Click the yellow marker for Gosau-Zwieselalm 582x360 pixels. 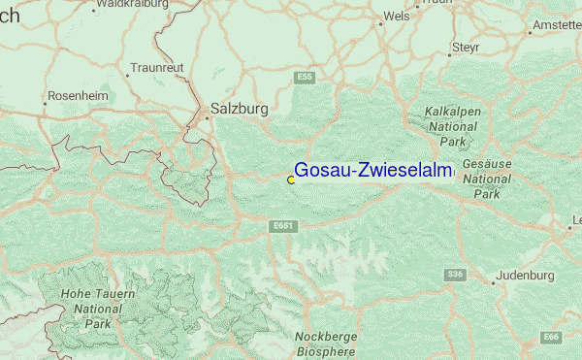click(291, 180)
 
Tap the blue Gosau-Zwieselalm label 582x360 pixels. click(373, 171)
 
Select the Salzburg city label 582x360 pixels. click(239, 110)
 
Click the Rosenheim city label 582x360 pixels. click(74, 98)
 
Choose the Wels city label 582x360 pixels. click(397, 16)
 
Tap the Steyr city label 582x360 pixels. click(465, 48)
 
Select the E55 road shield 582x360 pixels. click(306, 77)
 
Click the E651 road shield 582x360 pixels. click(282, 225)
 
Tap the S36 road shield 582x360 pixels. click(455, 275)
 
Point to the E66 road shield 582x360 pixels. click(552, 337)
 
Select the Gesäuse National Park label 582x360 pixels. click(487, 180)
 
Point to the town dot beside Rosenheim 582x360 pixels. click(45, 98)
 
